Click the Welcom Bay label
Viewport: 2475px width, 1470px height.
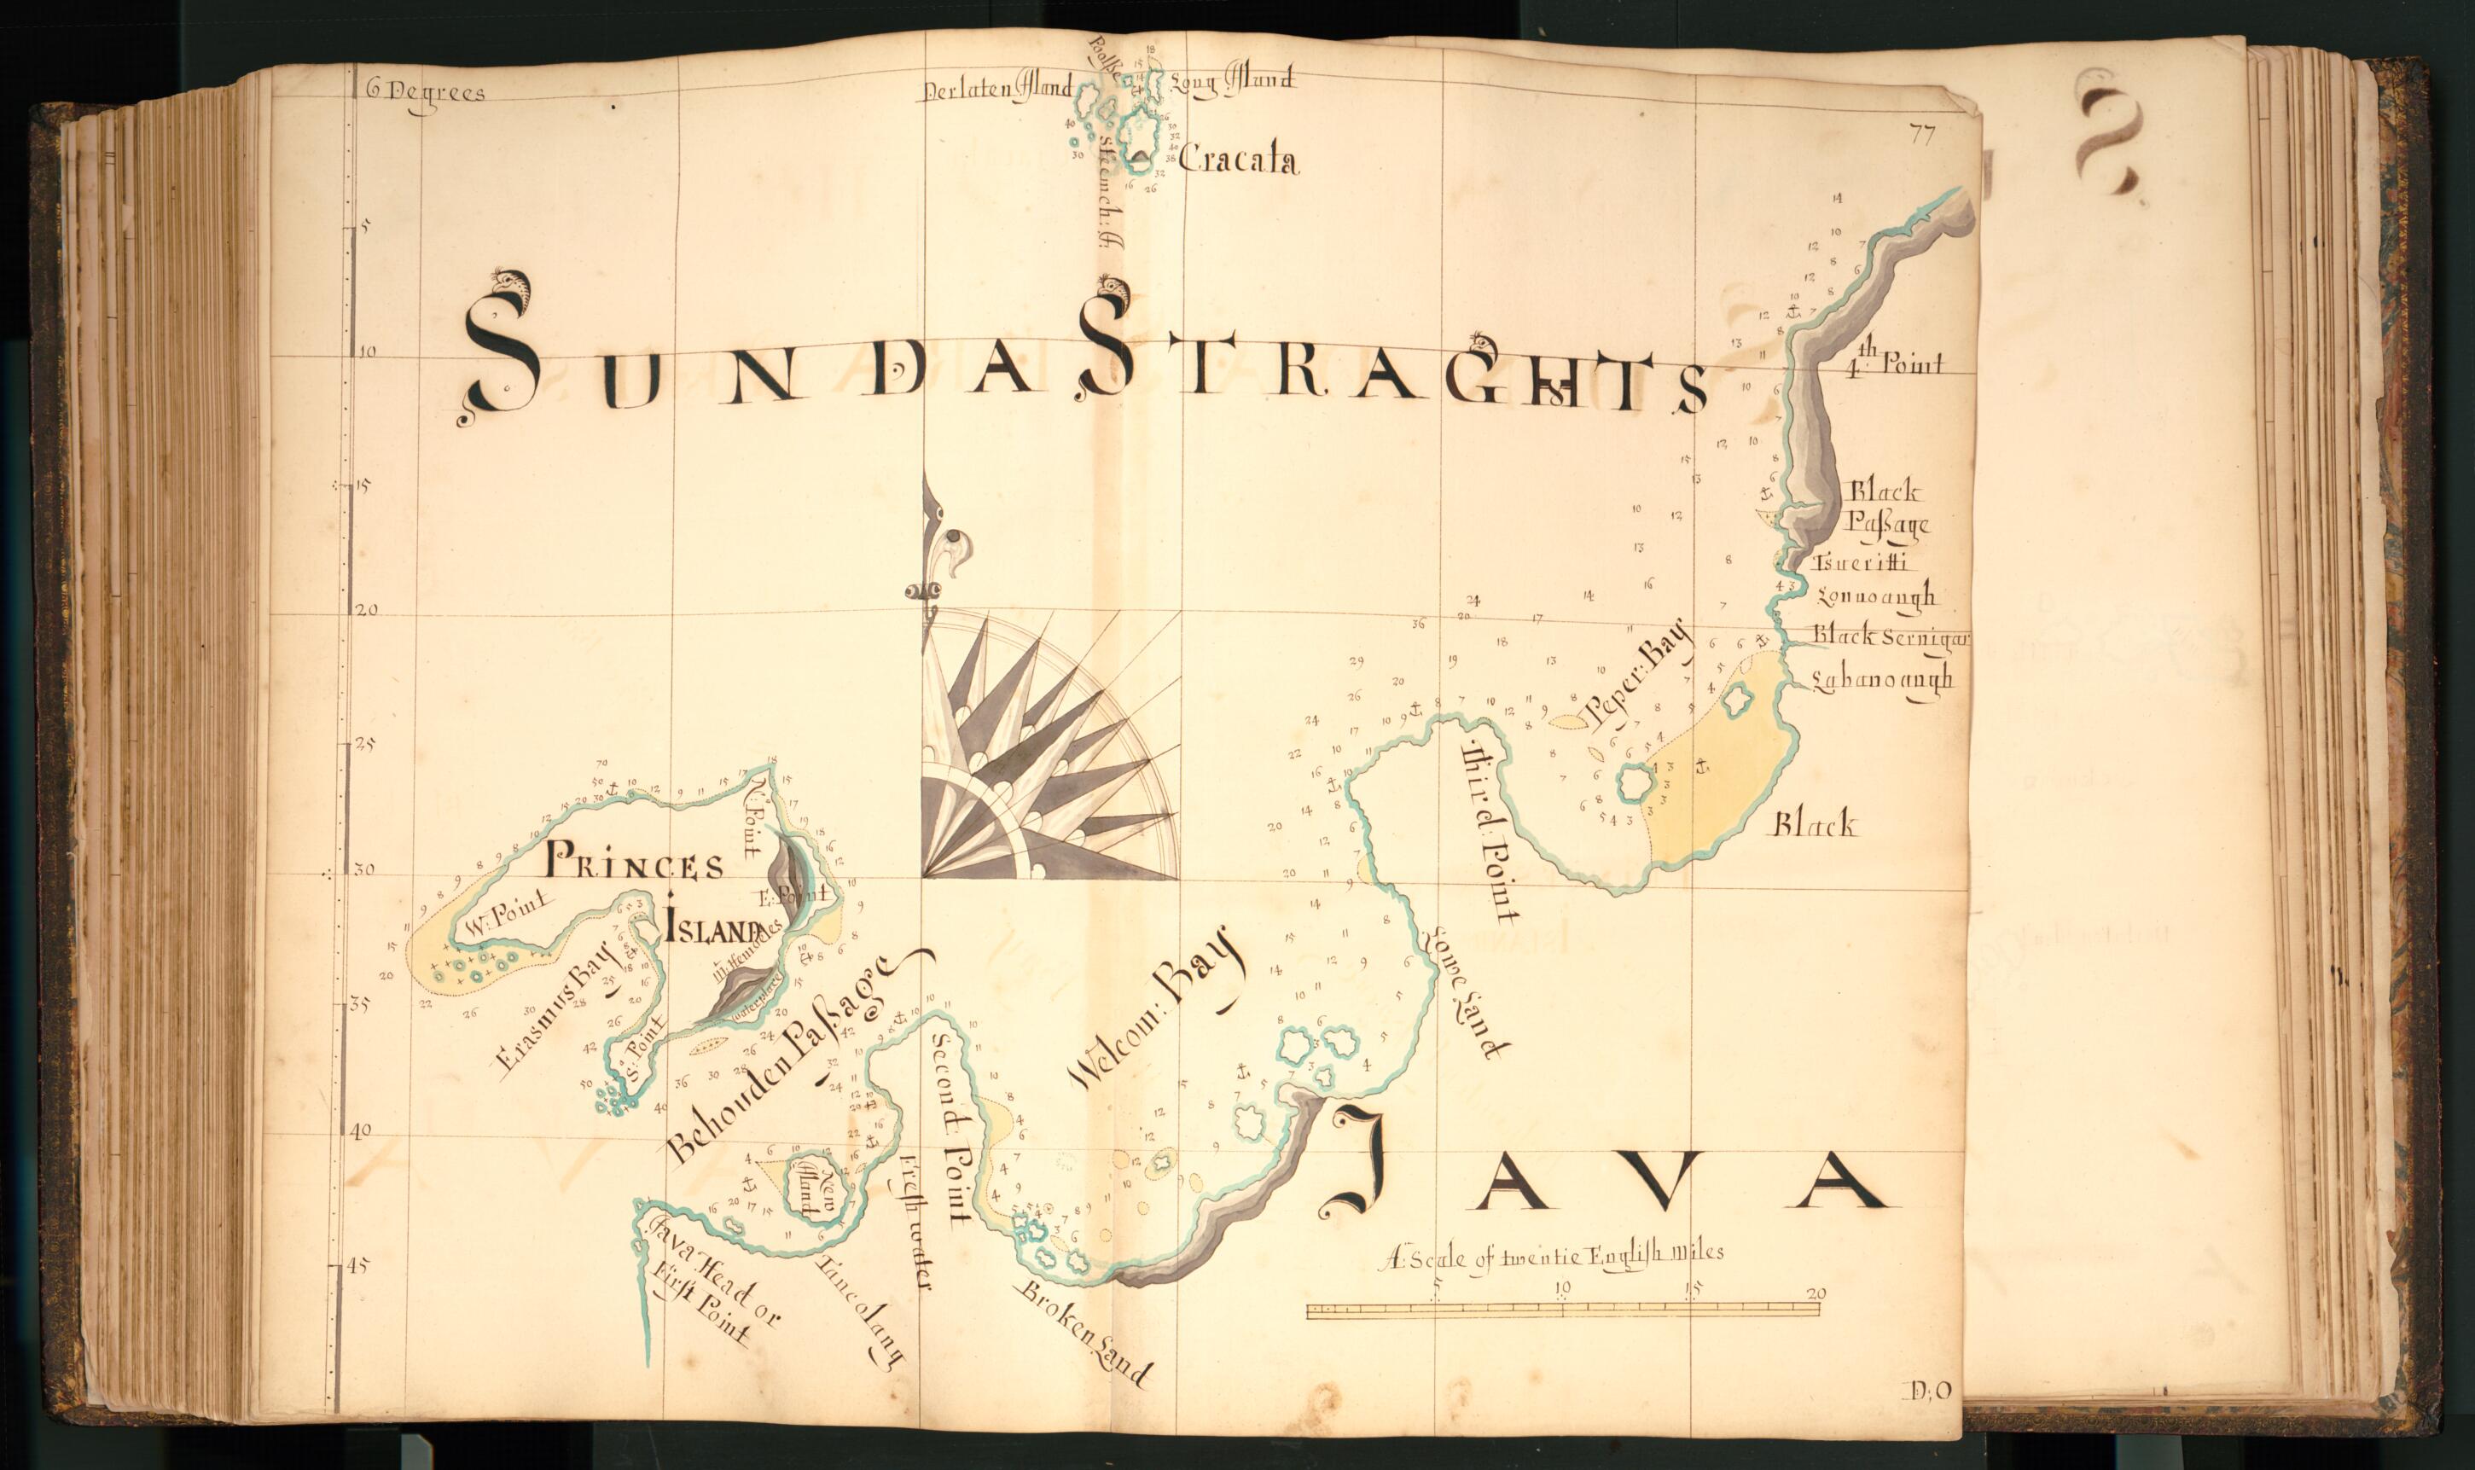(x=1156, y=1008)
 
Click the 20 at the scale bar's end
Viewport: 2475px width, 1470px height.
(x=1816, y=1293)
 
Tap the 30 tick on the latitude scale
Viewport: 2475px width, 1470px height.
(x=364, y=871)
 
